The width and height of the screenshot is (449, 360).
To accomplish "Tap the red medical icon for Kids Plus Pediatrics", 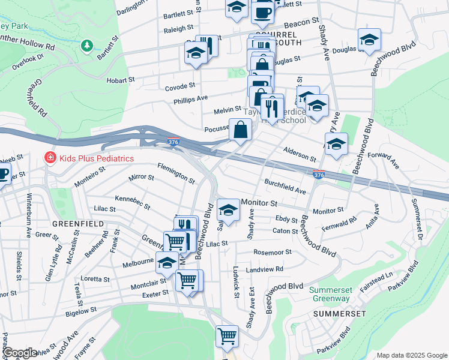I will pyautogui.click(x=49, y=158).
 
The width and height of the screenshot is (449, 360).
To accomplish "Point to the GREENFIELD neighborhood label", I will pyautogui.click(x=79, y=223).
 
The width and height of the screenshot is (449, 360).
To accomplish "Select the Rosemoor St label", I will pyautogui.click(x=272, y=253).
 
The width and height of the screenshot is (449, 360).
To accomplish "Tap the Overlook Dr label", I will pyautogui.click(x=31, y=58).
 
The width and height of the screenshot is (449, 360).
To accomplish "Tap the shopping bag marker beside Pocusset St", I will pyautogui.click(x=240, y=130).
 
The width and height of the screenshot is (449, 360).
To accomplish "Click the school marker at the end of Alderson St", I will pyautogui.click(x=337, y=145).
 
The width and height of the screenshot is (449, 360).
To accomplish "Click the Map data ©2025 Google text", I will pyautogui.click(x=411, y=355).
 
